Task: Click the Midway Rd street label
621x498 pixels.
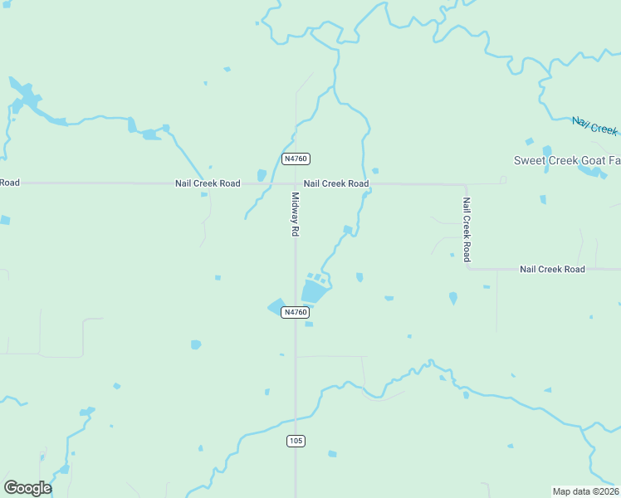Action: pyautogui.click(x=295, y=215)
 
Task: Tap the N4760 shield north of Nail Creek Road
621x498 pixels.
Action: pyautogui.click(x=296, y=159)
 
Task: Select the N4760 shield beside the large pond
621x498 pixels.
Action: pyautogui.click(x=296, y=312)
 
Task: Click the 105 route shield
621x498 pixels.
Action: pyautogui.click(x=296, y=441)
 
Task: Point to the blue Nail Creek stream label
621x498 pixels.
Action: pyautogui.click(x=595, y=126)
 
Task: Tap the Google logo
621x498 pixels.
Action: pyautogui.click(x=27, y=488)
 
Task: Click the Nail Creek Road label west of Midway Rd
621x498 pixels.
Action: pyautogui.click(x=207, y=183)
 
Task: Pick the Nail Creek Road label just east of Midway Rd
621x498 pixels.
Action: pyautogui.click(x=335, y=183)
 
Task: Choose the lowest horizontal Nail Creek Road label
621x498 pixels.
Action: pyautogui.click(x=552, y=269)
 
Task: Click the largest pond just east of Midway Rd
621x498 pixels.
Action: pyautogui.click(x=315, y=291)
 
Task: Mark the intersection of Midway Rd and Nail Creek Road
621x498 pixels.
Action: pyautogui.click(x=296, y=183)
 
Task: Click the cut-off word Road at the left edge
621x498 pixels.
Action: pyautogui.click(x=9, y=183)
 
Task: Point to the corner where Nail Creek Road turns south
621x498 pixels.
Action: pyautogui.click(x=466, y=185)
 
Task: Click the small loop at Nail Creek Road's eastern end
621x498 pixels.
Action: pyautogui.click(x=502, y=179)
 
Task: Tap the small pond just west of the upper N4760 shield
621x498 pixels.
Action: pyautogui.click(x=262, y=174)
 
